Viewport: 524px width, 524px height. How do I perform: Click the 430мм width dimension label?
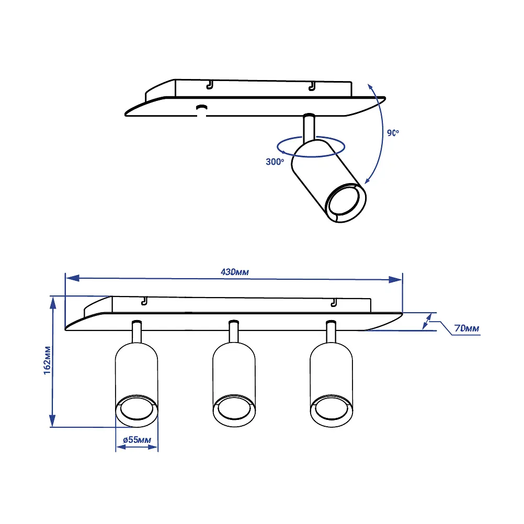pyautogui.click(x=235, y=272)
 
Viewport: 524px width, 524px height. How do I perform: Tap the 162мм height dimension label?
pyautogui.click(x=48, y=360)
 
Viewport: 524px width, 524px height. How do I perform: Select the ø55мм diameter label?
pyautogui.click(x=137, y=440)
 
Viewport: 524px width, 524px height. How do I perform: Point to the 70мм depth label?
pyautogui.click(x=466, y=328)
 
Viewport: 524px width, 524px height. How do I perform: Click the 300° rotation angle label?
pyautogui.click(x=275, y=162)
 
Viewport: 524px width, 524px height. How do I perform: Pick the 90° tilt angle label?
pyautogui.click(x=393, y=133)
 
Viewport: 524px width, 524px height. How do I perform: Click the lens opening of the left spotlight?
pyautogui.click(x=136, y=408)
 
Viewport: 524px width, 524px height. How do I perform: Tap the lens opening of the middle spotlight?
pyautogui.click(x=234, y=408)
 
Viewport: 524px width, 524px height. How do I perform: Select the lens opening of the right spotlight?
pyautogui.click(x=331, y=408)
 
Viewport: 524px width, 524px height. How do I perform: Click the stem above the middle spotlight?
pyautogui.click(x=234, y=332)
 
